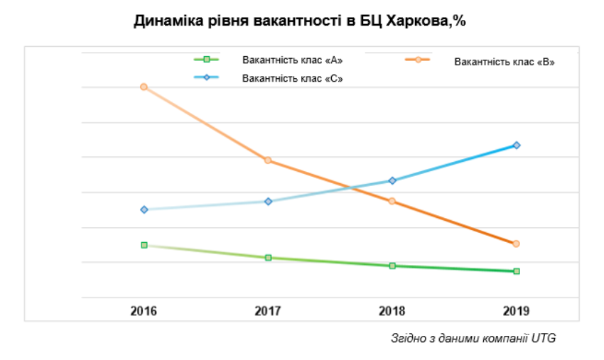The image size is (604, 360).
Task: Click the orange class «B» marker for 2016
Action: [x=144, y=87]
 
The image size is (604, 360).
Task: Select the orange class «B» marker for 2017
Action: [x=268, y=160]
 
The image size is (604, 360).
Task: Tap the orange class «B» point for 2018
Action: [x=392, y=201]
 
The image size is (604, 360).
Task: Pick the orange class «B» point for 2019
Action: [x=516, y=244]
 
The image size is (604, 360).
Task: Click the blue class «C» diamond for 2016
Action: [x=144, y=209]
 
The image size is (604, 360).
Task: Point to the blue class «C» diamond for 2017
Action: [x=269, y=202]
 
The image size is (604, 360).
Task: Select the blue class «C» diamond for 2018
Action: [x=392, y=180]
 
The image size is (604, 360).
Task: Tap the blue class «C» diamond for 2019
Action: [x=517, y=145]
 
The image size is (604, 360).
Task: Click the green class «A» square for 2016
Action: [x=144, y=245]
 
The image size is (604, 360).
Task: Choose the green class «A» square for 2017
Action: [x=269, y=258]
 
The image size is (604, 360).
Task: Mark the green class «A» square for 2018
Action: [x=392, y=266]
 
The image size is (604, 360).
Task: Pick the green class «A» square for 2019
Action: [x=517, y=271]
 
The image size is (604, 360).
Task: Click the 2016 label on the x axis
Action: [x=144, y=311]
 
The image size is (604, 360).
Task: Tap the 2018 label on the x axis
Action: [x=392, y=311]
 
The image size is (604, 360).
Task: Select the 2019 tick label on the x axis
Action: [x=516, y=311]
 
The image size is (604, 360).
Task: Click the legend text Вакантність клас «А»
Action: [x=292, y=60]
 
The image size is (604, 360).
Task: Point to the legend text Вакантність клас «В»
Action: [x=505, y=62]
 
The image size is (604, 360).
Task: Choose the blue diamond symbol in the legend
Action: [x=207, y=77]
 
